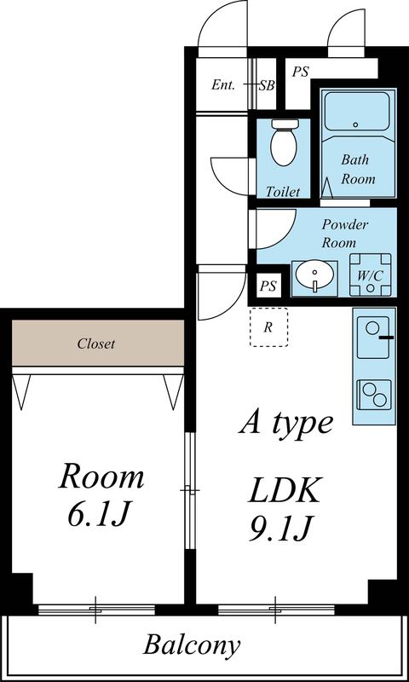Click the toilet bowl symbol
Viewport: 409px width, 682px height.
point(284,142)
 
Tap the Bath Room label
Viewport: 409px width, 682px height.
point(357,169)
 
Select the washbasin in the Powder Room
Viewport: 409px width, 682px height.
point(314,278)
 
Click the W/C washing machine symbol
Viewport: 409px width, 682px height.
point(370,275)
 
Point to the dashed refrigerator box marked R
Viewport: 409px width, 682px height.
point(268,327)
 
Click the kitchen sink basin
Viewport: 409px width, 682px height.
point(373,338)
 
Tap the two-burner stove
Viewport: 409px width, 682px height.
point(373,395)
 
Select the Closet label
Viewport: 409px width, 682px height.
point(96,344)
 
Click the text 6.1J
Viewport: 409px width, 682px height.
point(99,515)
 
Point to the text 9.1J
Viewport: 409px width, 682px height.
point(282,529)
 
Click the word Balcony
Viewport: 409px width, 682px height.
point(192,645)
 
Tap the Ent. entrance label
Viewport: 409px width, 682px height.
point(223,84)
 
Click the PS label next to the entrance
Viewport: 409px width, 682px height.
point(300,72)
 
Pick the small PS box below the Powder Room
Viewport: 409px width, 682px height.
point(268,286)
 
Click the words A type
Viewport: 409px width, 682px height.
point(286,424)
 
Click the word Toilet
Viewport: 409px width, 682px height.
point(283,192)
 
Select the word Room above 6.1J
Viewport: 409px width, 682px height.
point(101,477)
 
